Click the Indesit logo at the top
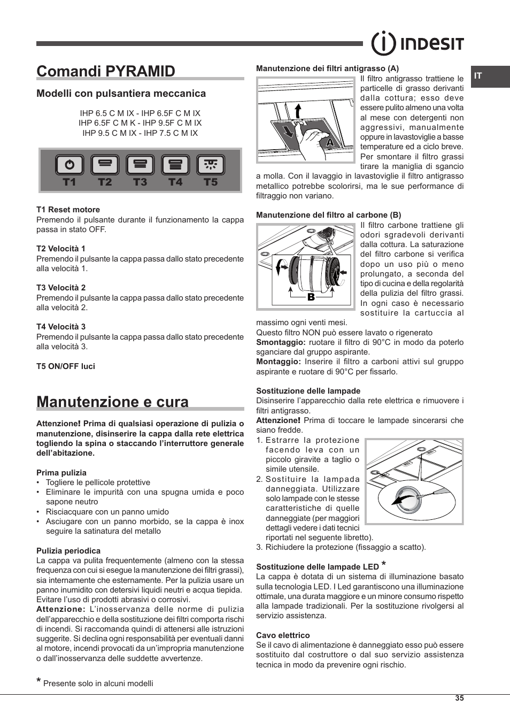pos(418,43)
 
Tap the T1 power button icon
pos(69,165)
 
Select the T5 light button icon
pos(211,165)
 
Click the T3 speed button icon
pos(140,165)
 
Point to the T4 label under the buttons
pos(175,182)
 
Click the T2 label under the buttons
pos(105,182)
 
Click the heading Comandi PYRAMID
pos(106,71)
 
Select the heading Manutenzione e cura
pos(112,402)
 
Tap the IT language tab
pos(478,76)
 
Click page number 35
pos(459,698)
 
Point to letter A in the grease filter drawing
pos(330,143)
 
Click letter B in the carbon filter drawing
pos(311,297)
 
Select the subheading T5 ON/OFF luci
pos(66,366)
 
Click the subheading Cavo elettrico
pos(283,635)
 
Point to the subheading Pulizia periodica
pos(68,551)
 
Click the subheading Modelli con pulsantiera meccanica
pos(121,94)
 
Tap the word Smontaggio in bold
pos(281,342)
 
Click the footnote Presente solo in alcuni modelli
pos(98,683)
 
